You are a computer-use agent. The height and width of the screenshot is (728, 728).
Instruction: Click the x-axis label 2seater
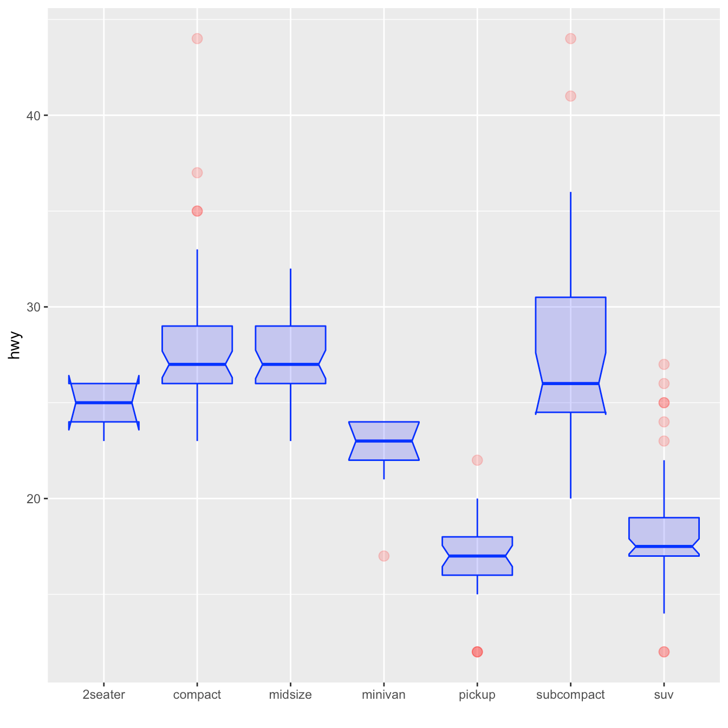(x=103, y=695)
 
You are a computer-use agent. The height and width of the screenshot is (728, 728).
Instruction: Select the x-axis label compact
(x=197, y=695)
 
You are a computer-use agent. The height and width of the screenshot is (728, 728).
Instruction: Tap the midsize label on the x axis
(x=290, y=695)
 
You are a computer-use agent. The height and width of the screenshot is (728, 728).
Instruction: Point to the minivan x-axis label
(x=383, y=695)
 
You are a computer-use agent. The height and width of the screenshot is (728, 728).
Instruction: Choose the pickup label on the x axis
(x=477, y=695)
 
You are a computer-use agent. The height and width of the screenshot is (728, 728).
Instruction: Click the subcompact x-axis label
(x=570, y=695)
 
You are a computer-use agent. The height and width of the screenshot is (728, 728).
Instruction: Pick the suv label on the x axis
(x=664, y=695)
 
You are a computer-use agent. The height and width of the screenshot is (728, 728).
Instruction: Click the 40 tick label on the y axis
(x=34, y=116)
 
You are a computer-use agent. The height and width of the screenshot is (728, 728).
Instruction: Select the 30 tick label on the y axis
(x=34, y=307)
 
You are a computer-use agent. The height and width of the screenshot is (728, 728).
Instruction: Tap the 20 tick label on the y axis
(x=34, y=499)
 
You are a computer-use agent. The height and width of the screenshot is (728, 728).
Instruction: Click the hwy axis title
(x=15, y=345)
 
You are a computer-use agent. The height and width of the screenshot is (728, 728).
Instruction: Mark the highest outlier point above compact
(x=197, y=38)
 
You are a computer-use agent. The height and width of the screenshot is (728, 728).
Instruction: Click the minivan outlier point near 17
(x=384, y=556)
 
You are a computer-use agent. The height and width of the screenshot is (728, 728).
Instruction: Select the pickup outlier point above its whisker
(x=477, y=460)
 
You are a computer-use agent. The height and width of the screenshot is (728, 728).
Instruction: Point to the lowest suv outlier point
(x=664, y=652)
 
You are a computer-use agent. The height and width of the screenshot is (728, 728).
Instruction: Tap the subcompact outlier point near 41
(x=570, y=96)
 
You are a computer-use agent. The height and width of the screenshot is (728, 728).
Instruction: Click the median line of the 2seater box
(x=103, y=402)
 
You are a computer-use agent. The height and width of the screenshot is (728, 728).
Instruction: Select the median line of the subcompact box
(x=570, y=383)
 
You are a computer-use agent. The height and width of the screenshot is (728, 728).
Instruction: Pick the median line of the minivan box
(x=384, y=441)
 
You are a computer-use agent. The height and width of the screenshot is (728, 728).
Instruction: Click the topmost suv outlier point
(x=664, y=364)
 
